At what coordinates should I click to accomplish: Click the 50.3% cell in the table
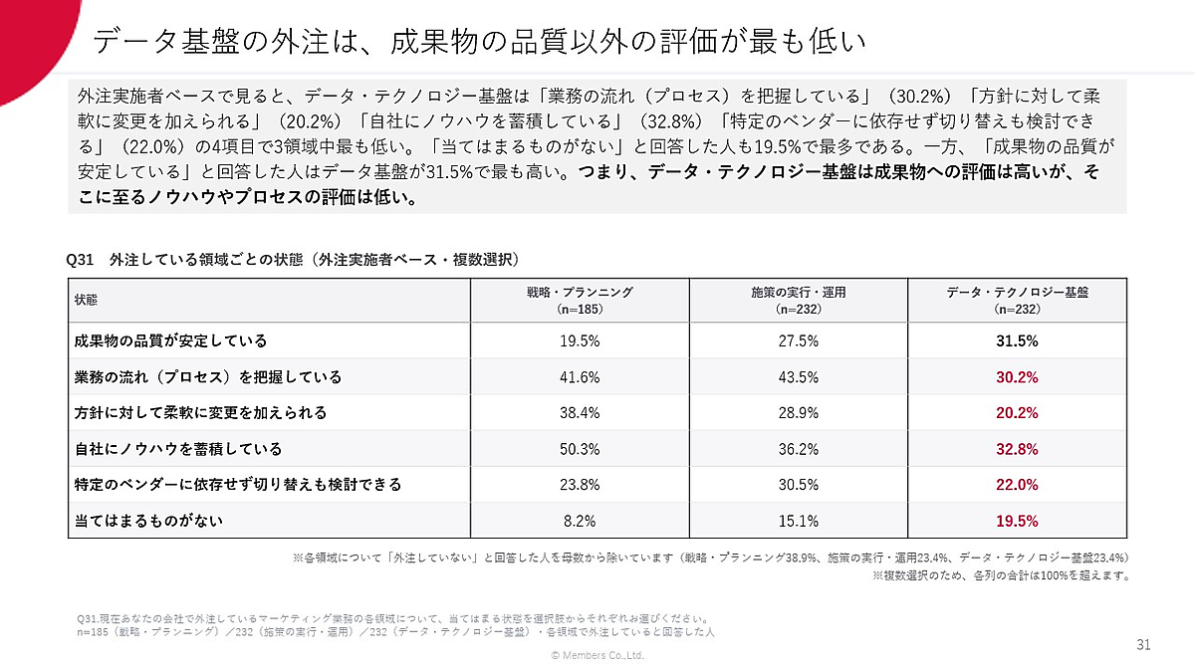[x=580, y=449]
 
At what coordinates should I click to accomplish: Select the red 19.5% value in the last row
[x=1017, y=521]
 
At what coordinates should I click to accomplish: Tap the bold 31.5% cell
[x=1017, y=340]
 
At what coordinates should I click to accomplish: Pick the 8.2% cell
[x=580, y=521]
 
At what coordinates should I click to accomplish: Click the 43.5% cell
[x=798, y=377]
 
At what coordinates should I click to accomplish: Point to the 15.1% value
[x=798, y=521]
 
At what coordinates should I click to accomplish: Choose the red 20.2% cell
[x=1017, y=413]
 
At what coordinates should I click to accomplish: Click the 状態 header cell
[x=86, y=300]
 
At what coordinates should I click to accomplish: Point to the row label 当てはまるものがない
[x=148, y=521]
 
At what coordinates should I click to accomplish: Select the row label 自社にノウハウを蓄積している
[x=178, y=449]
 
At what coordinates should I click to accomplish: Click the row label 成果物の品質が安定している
[x=170, y=340]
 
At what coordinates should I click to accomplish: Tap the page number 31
[x=1143, y=645]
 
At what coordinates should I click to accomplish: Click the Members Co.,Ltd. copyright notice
[x=597, y=655]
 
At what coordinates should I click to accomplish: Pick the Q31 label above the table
[x=80, y=260]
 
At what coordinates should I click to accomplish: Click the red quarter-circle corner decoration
[x=32, y=38]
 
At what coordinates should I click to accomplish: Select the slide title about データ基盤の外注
[x=479, y=42]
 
